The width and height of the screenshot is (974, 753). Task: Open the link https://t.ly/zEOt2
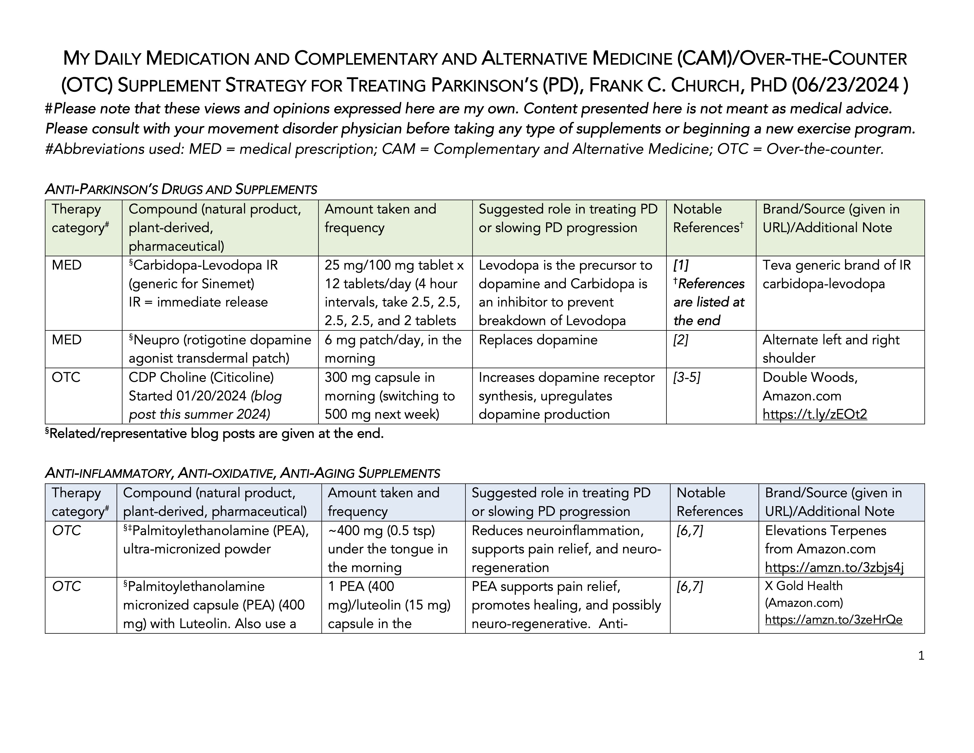point(814,414)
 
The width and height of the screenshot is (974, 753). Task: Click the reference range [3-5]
point(686,377)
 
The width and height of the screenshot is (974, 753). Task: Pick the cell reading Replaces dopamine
point(538,340)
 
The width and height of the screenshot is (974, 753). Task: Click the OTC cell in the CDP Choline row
point(66,377)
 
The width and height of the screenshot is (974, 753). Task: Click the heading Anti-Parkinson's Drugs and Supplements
point(181,190)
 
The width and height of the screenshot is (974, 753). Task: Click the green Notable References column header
point(708,219)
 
